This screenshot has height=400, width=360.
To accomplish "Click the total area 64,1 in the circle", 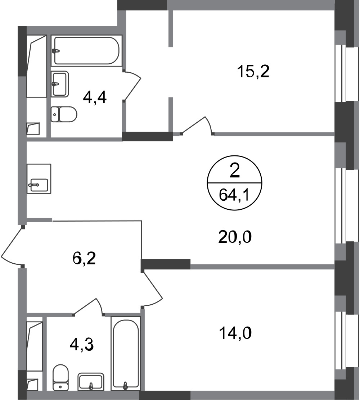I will pos(234,196).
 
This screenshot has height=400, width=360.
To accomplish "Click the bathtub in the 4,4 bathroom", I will pos(86,50).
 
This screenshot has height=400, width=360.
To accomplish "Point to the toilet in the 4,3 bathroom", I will pos(60,377).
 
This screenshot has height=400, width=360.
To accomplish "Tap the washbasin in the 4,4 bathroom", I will pos(60,83).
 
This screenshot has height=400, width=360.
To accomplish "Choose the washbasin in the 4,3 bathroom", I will pos(91,381).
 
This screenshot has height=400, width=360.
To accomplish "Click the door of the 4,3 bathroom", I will pos(88,306).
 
